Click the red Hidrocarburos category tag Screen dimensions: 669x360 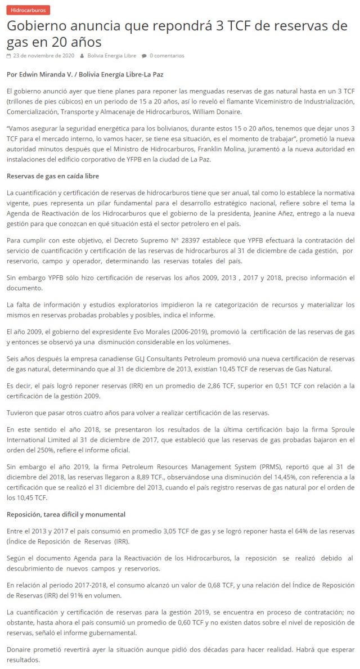coord(28,10)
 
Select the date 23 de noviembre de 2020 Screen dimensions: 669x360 coord(44,56)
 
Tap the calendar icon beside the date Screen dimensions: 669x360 coord(8,56)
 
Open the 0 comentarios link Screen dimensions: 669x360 coord(166,56)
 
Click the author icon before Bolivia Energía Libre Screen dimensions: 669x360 coord(82,56)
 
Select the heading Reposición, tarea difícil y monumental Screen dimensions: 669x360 coord(66,514)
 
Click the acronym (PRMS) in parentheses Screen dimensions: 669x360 coord(263,467)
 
